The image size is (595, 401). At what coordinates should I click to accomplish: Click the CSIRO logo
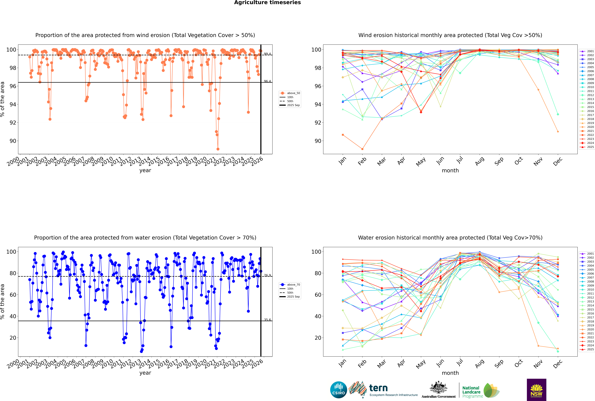pos(338,390)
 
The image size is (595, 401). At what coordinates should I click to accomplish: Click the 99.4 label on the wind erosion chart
pos(267,54)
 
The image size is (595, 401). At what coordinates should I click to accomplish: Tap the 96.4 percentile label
pos(267,81)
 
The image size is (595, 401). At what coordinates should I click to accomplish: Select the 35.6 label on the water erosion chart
pos(267,320)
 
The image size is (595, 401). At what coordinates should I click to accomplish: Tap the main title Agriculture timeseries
pos(267,3)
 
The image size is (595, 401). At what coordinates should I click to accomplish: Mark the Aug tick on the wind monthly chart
pos(479,161)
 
